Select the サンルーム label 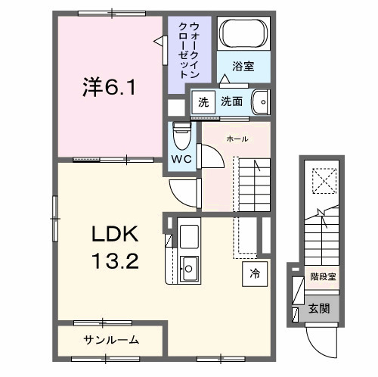110,339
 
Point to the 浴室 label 242,67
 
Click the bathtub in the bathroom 242,34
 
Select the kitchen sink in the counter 188,266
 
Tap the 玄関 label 318,310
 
